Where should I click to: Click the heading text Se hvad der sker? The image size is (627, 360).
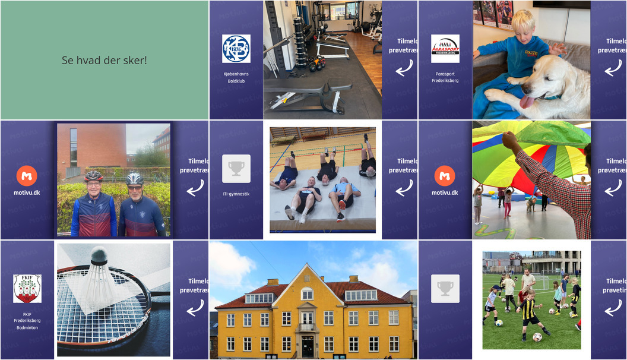[x=104, y=60]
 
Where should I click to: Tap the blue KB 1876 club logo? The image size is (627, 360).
[x=236, y=49]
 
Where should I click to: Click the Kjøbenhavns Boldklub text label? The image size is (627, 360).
[x=236, y=77]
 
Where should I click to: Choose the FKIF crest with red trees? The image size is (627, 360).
[x=27, y=289]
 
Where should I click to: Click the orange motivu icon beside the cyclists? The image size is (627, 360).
[x=27, y=175]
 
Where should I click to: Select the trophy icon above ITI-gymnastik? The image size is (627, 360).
[x=236, y=169]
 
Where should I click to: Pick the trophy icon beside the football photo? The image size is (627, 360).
[x=445, y=289]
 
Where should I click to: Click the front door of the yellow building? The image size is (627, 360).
[x=308, y=346]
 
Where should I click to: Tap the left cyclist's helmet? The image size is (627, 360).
[x=93, y=176]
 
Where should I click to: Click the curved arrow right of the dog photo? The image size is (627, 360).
[x=613, y=68]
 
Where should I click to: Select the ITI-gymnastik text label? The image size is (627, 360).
[x=236, y=194]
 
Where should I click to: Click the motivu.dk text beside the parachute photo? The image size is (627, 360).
[x=445, y=192]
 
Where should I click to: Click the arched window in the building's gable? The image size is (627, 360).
[x=307, y=293]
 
